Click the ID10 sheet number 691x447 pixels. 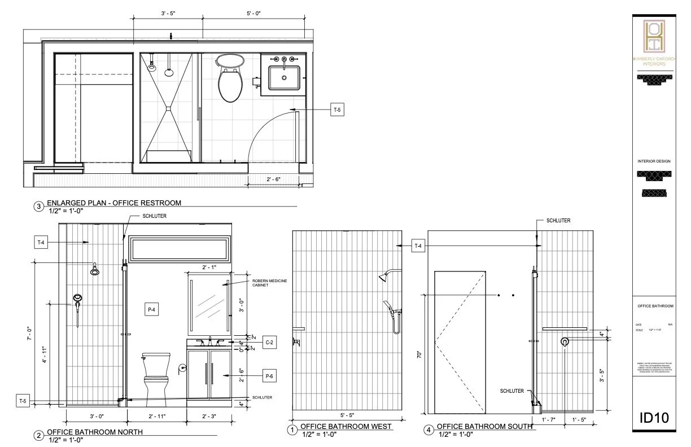654,418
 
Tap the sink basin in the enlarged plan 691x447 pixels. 284,77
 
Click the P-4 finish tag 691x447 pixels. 152,309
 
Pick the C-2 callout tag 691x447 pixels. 270,342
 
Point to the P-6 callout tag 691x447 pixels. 270,375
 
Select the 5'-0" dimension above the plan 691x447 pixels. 253,12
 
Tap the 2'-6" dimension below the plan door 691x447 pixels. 273,179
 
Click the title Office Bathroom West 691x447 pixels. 345,427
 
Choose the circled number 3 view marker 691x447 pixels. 39,207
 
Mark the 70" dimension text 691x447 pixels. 418,354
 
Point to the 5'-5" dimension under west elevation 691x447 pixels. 347,414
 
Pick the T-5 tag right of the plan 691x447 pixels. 337,110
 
